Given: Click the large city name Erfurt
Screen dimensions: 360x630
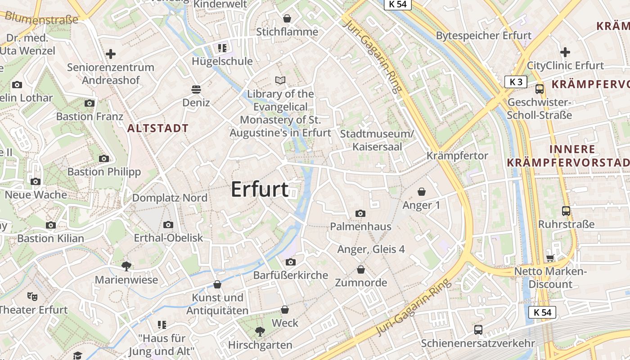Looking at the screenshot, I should pyautogui.click(x=260, y=189).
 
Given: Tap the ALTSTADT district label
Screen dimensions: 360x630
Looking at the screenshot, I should pyautogui.click(x=157, y=128).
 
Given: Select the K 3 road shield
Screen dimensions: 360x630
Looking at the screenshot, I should pyautogui.click(x=516, y=82).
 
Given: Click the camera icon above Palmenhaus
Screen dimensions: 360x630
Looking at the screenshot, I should pyautogui.click(x=360, y=213).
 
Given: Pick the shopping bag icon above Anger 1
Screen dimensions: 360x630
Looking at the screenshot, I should pyautogui.click(x=422, y=192).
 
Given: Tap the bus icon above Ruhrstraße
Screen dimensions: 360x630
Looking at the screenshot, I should pyautogui.click(x=566, y=211).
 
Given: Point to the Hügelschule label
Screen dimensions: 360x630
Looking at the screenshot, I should pyautogui.click(x=222, y=61).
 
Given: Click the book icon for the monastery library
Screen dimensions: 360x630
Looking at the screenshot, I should pyautogui.click(x=280, y=81).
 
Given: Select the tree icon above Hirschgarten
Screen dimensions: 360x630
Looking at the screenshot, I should pyautogui.click(x=260, y=332).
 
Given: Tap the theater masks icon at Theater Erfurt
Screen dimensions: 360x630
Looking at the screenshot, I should pyautogui.click(x=32, y=296).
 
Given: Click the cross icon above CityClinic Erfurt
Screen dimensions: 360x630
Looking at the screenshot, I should pyautogui.click(x=565, y=52).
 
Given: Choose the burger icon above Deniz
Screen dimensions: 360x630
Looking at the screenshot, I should pyautogui.click(x=196, y=89).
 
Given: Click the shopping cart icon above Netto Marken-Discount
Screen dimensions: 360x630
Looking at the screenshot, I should pyautogui.click(x=550, y=258).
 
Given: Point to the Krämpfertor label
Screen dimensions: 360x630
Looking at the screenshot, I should pyautogui.click(x=457, y=156).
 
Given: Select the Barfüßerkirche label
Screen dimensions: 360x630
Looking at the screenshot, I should pyautogui.click(x=291, y=275).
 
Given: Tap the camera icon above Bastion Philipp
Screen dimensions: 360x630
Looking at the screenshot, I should pyautogui.click(x=104, y=158).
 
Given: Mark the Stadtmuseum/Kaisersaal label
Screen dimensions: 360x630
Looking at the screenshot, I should pyautogui.click(x=377, y=140).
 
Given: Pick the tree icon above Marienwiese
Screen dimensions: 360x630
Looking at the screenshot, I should pyautogui.click(x=126, y=266).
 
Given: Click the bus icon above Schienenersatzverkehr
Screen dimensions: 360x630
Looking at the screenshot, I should pyautogui.click(x=478, y=330).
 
